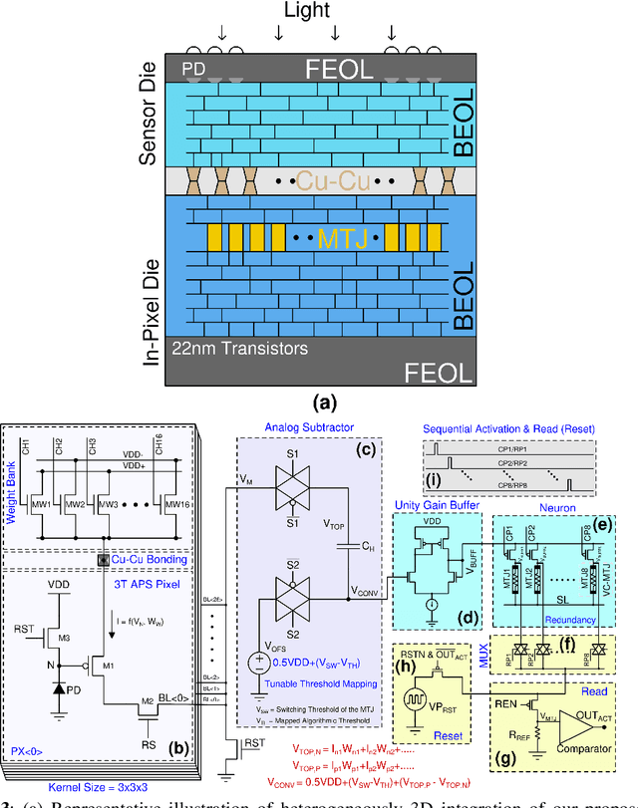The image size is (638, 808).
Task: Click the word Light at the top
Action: pyautogui.click(x=319, y=12)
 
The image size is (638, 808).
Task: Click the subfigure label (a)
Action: pyautogui.click(x=326, y=404)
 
